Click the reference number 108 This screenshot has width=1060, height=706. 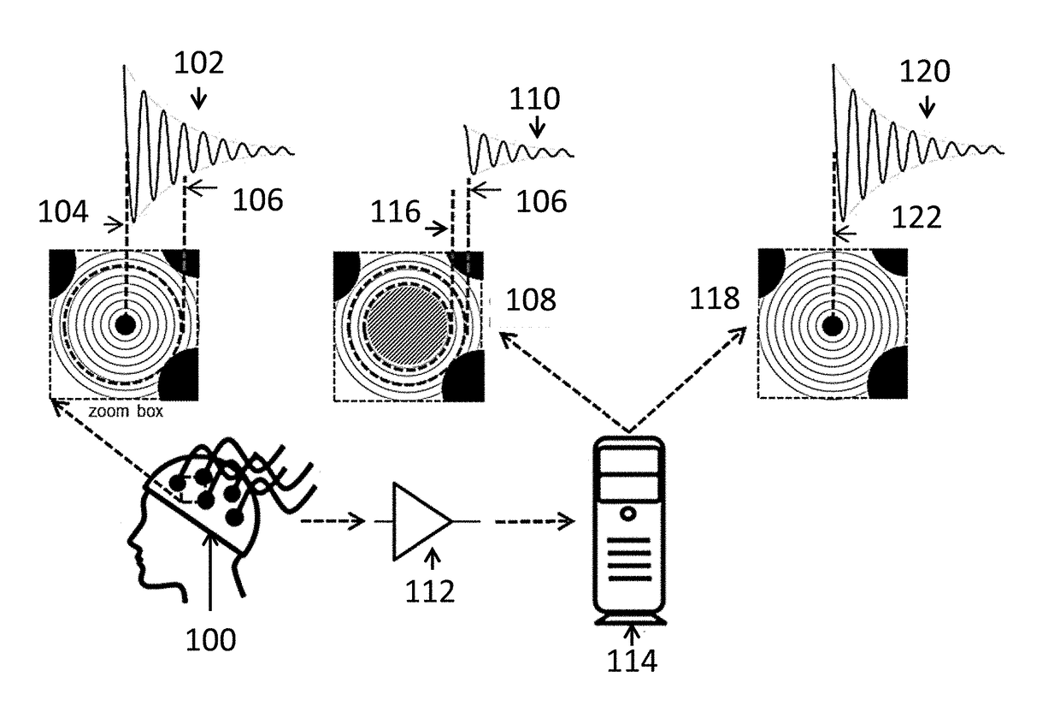[530, 300]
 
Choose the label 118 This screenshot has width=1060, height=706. [716, 298]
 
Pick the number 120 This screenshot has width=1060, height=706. [924, 74]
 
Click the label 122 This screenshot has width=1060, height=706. [916, 218]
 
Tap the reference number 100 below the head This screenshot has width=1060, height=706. [212, 639]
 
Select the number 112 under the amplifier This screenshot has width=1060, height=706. [433, 590]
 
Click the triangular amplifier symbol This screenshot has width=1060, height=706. [419, 520]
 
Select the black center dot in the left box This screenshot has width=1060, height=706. [126, 324]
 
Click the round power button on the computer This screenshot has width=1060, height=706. [629, 514]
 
